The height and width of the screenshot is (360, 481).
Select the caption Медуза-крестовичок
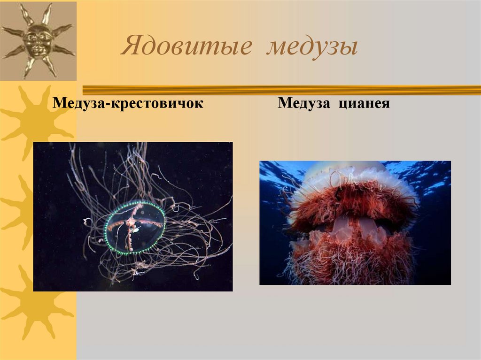click(x=128, y=103)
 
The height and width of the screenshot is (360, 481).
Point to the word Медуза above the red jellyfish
click(x=303, y=103)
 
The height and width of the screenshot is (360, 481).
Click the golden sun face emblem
click(x=38, y=40)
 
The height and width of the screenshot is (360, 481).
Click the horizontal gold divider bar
click(x=282, y=89)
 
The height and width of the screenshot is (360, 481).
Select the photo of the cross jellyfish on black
click(x=133, y=216)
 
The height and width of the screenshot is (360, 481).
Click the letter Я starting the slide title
click(x=129, y=48)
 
